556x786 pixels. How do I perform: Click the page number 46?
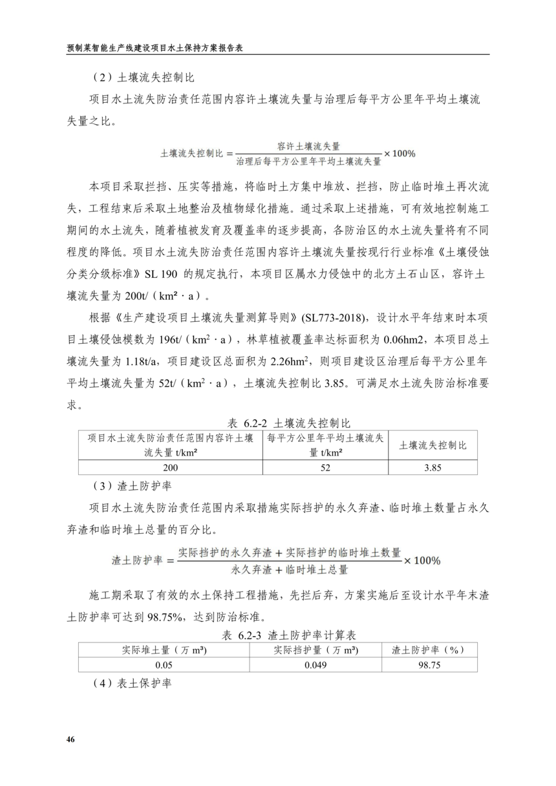click(71, 739)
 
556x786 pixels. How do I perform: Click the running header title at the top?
click(158, 48)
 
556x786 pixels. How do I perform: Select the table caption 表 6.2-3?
click(288, 635)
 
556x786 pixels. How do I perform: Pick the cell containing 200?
click(170, 468)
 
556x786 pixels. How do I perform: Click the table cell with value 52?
click(325, 468)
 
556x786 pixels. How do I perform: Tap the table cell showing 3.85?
click(433, 468)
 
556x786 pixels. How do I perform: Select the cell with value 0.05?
click(164, 664)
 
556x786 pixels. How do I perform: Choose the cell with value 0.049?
click(315, 664)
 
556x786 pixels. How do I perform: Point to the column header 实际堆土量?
click(164, 650)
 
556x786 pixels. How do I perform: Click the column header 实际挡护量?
click(315, 650)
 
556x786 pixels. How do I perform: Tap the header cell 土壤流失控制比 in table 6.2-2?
click(433, 445)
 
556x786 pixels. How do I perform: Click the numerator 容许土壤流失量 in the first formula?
click(308, 146)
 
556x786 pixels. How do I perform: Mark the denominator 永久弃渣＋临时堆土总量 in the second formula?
click(289, 570)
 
